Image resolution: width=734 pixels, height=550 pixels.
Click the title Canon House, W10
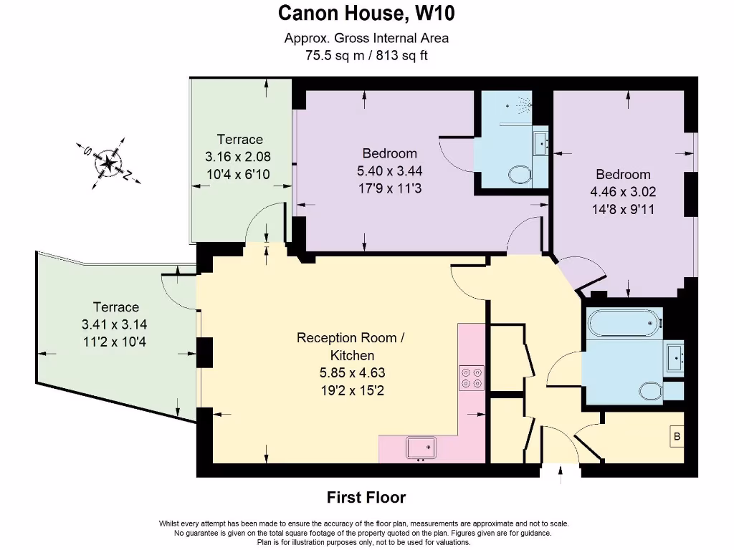coord(366,13)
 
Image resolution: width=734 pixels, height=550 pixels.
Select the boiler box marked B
coord(676,436)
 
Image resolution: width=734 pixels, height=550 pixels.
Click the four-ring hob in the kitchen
coord(472,377)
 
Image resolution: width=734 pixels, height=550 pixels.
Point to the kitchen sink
coord(421,448)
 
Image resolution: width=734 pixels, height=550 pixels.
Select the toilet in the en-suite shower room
coord(518,174)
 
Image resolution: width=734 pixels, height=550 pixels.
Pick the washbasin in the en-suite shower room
coord(540,143)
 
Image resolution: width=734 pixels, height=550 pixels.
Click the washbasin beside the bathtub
coord(673,357)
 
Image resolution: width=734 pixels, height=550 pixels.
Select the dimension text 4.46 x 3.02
coord(623,192)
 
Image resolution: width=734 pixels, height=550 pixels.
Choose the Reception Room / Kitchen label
coord(351,346)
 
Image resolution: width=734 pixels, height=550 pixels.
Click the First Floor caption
coord(366,497)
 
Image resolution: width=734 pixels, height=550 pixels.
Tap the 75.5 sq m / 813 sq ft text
coord(366,55)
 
